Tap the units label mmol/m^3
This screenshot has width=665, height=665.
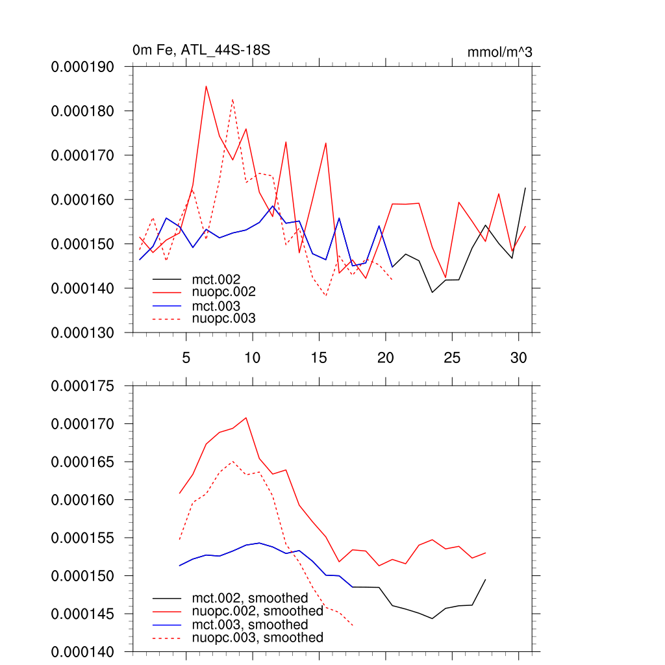click(x=499, y=52)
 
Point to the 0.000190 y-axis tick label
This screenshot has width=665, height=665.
click(x=82, y=67)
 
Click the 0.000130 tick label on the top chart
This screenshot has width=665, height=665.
click(x=82, y=332)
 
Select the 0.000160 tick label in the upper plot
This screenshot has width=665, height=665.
click(x=82, y=199)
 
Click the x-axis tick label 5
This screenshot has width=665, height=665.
click(x=186, y=358)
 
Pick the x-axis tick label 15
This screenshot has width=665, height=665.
click(x=319, y=358)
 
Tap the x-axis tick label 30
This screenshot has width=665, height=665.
click(x=518, y=358)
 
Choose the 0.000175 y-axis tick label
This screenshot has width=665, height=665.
click(x=82, y=386)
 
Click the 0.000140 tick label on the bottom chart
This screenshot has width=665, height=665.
click(x=82, y=651)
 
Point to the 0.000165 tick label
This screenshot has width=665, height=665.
click(x=82, y=462)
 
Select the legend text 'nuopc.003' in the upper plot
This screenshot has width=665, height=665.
click(x=224, y=318)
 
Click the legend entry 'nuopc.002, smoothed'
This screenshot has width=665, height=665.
click(x=257, y=611)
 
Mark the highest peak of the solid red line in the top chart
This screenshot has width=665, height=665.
click(x=206, y=86)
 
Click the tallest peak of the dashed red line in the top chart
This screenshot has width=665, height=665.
click(x=232, y=99)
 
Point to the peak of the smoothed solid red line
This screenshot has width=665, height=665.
click(x=245, y=418)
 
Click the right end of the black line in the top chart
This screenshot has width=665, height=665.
click(x=525, y=188)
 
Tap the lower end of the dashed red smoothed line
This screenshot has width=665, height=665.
click(x=353, y=625)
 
